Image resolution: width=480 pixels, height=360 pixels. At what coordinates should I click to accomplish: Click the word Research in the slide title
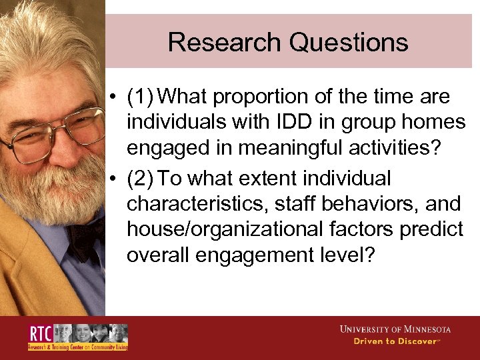[225, 42]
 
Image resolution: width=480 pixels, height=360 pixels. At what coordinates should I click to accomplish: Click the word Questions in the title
[349, 42]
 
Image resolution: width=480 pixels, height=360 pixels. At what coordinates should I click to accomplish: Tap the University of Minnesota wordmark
[395, 329]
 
